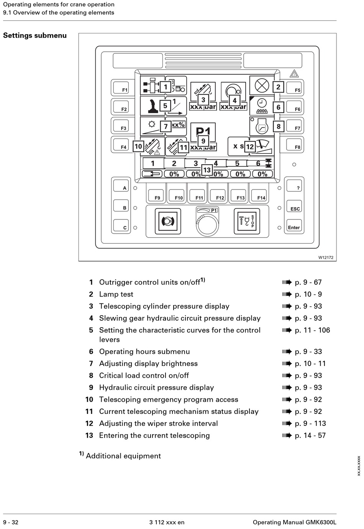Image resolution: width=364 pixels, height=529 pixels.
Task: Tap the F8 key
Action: coord(295,145)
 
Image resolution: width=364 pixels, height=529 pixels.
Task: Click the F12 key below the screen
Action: coord(218,195)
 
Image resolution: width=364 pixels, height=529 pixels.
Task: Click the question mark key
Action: coord(294,186)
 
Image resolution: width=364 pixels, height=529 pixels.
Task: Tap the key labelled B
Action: coord(121,206)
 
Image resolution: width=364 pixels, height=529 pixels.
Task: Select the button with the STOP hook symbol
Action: coord(247,221)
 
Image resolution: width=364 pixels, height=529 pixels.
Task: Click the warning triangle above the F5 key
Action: coord(294,74)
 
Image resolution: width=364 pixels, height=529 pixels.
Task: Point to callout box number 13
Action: coord(207,170)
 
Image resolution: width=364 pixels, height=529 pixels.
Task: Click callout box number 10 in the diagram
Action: coord(138,147)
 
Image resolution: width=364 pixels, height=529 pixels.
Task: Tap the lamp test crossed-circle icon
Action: coord(262,85)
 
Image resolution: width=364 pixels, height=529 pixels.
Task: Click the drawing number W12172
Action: coord(326,257)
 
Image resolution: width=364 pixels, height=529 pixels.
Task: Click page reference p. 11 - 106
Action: coord(312,330)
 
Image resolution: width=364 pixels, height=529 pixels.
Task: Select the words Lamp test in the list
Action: coord(116,294)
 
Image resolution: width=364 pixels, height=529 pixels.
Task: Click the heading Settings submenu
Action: coord(35,36)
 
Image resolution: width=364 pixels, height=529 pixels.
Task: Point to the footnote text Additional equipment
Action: coord(123,456)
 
